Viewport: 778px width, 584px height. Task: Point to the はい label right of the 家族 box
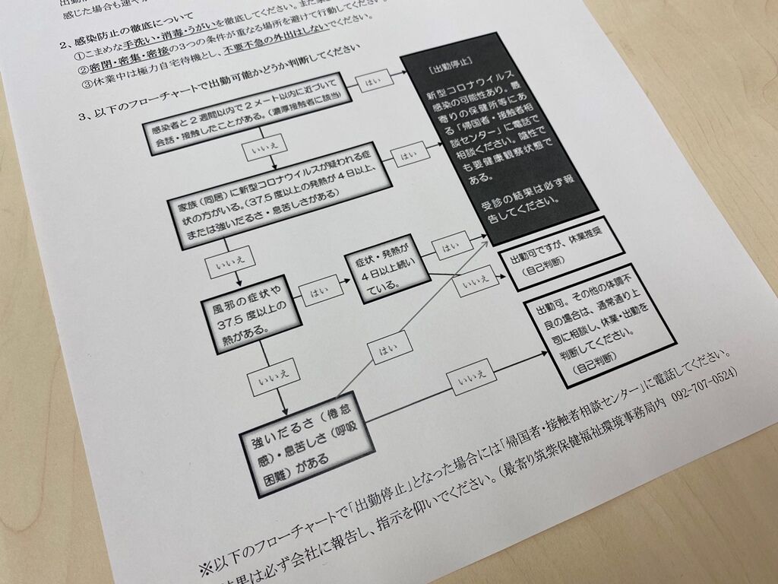409,155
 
